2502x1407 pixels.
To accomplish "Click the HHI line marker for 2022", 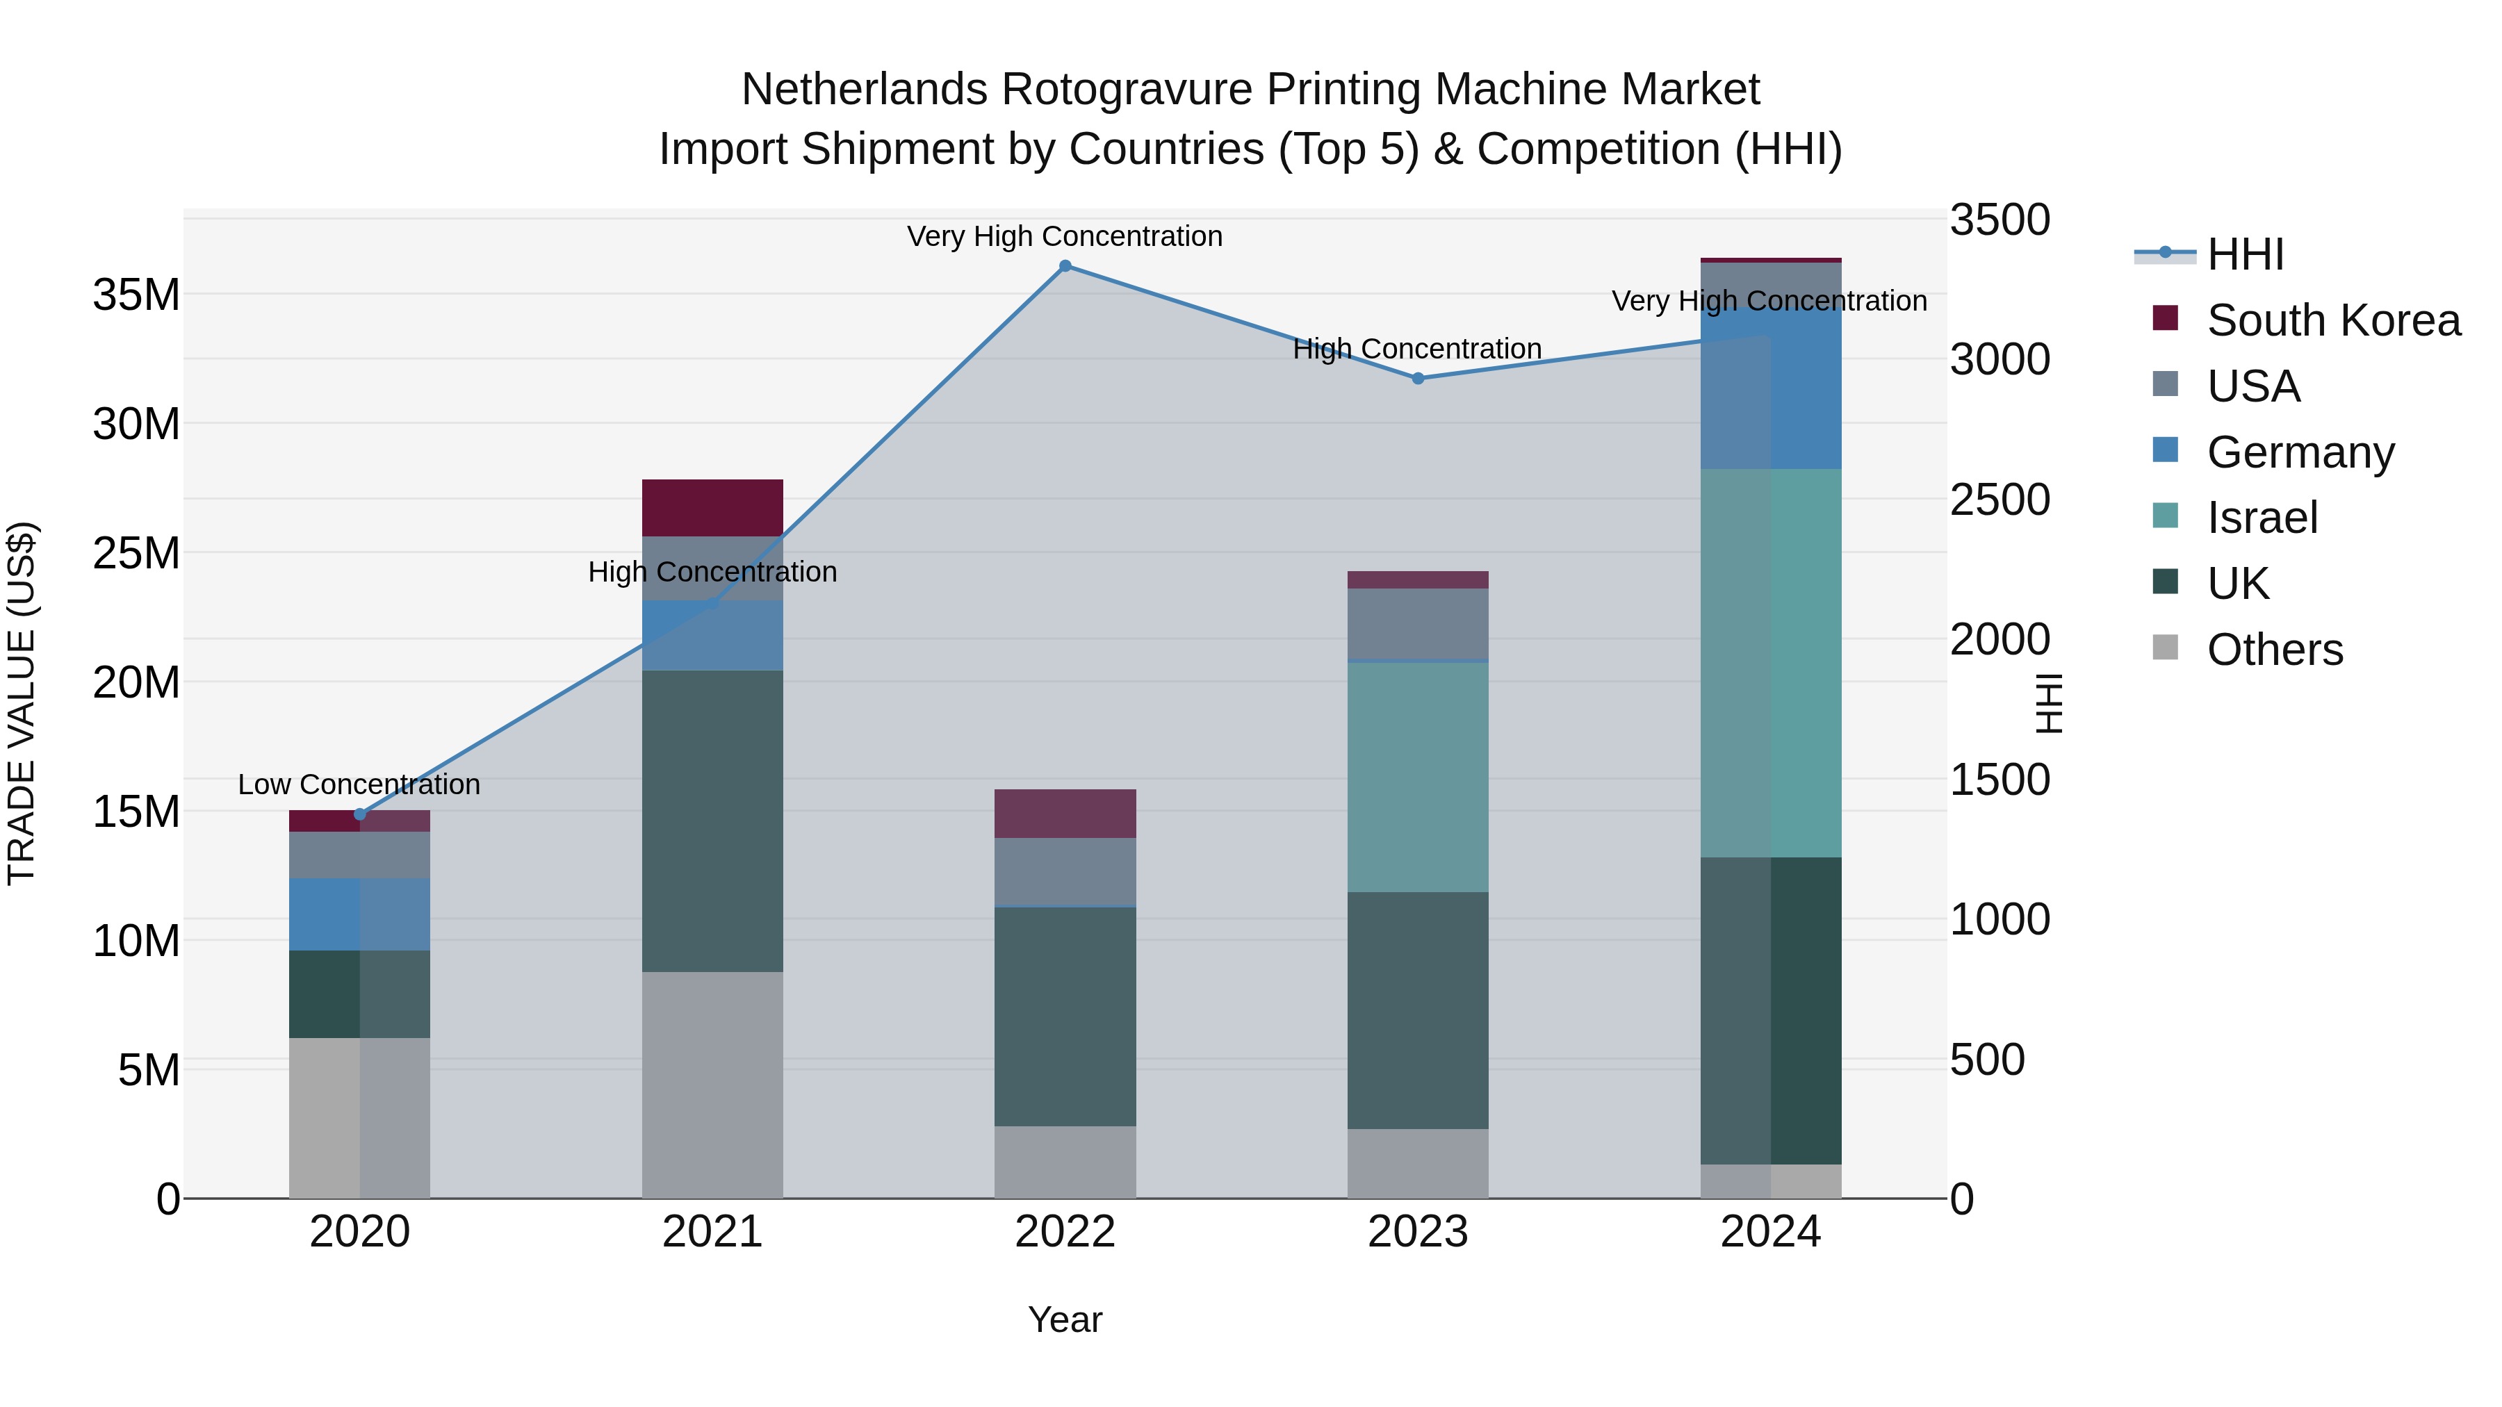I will [1065, 266].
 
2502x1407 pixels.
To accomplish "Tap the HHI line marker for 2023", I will [1418, 379].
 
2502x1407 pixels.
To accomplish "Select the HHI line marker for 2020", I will [359, 814].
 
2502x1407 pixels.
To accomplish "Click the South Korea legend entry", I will [2332, 320].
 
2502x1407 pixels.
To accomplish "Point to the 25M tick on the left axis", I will [136, 554].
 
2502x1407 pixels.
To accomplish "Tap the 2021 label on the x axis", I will [712, 1232].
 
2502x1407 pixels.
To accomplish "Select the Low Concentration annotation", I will [359, 784].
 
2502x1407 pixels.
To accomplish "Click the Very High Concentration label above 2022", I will [1065, 237].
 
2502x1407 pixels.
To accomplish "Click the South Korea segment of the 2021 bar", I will [712, 508].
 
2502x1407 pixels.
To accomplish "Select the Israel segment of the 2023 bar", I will [1418, 777].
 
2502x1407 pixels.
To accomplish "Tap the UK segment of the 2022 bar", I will [1065, 1017].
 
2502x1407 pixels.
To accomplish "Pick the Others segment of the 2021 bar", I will [712, 1085].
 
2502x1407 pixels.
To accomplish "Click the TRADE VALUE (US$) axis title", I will [22, 703].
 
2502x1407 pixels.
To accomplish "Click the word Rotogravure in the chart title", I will [1127, 90].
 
